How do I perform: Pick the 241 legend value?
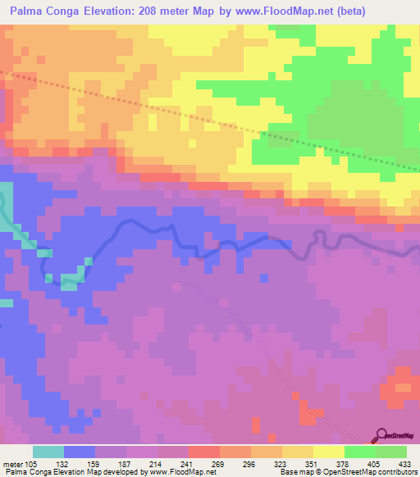coord(187,462)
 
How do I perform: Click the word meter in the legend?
coord(12,462)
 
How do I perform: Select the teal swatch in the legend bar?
coord(48,452)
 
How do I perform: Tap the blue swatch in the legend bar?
coord(80,452)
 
